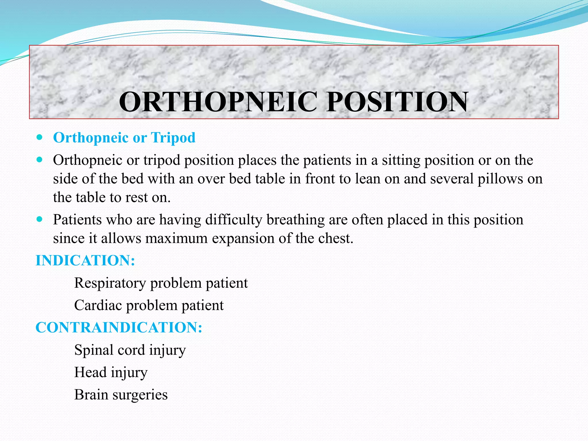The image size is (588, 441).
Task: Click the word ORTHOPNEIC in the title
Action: (x=218, y=102)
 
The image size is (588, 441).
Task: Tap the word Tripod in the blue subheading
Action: (x=173, y=138)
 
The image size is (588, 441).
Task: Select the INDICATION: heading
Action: (x=85, y=261)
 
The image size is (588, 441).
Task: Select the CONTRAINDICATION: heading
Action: (x=119, y=328)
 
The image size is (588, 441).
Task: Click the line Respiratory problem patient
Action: (x=161, y=283)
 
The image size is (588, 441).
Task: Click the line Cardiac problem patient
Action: (x=149, y=305)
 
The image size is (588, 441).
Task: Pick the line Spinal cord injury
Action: (x=130, y=350)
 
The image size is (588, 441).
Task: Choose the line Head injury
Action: (x=111, y=372)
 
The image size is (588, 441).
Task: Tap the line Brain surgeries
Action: (x=121, y=394)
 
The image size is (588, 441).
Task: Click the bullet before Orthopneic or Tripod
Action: (x=40, y=137)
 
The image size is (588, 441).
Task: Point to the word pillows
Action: (x=500, y=179)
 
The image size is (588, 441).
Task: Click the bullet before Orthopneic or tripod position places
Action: (x=40, y=160)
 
